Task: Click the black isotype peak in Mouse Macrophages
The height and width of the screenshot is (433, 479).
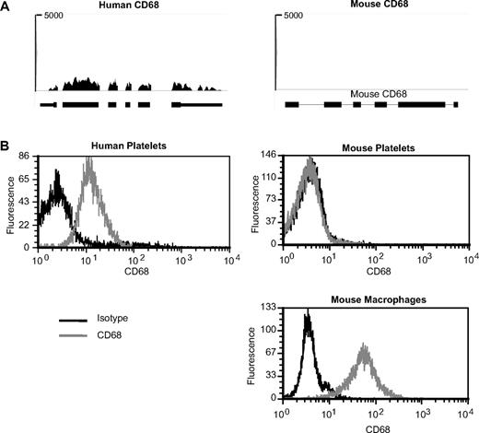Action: click(307, 316)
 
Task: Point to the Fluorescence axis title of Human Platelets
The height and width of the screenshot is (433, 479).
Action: click(8, 205)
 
